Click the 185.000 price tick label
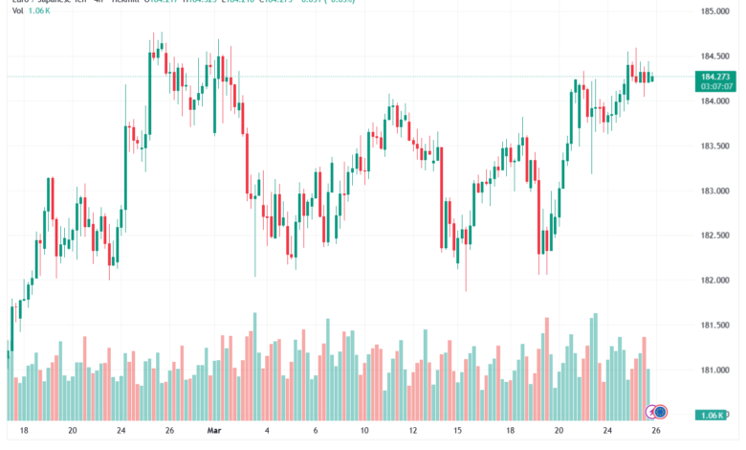coord(715,11)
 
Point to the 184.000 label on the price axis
coord(715,101)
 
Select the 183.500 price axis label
coord(715,146)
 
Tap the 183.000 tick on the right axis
coord(715,191)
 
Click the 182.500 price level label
coord(715,236)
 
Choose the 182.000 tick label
coord(715,281)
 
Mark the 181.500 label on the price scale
coord(715,326)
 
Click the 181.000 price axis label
coord(715,370)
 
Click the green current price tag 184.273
coord(716,76)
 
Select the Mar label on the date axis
coord(215,432)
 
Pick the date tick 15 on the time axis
coord(459,432)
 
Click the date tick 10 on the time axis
coord(363,432)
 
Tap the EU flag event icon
coord(661,413)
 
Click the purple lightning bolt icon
coord(651,413)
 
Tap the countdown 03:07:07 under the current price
coord(716,86)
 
